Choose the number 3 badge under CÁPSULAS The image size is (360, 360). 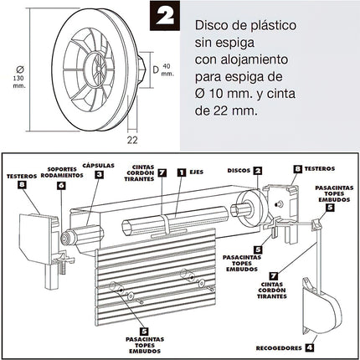99,174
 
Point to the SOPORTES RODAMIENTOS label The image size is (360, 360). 64,170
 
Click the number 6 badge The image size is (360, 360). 61,185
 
